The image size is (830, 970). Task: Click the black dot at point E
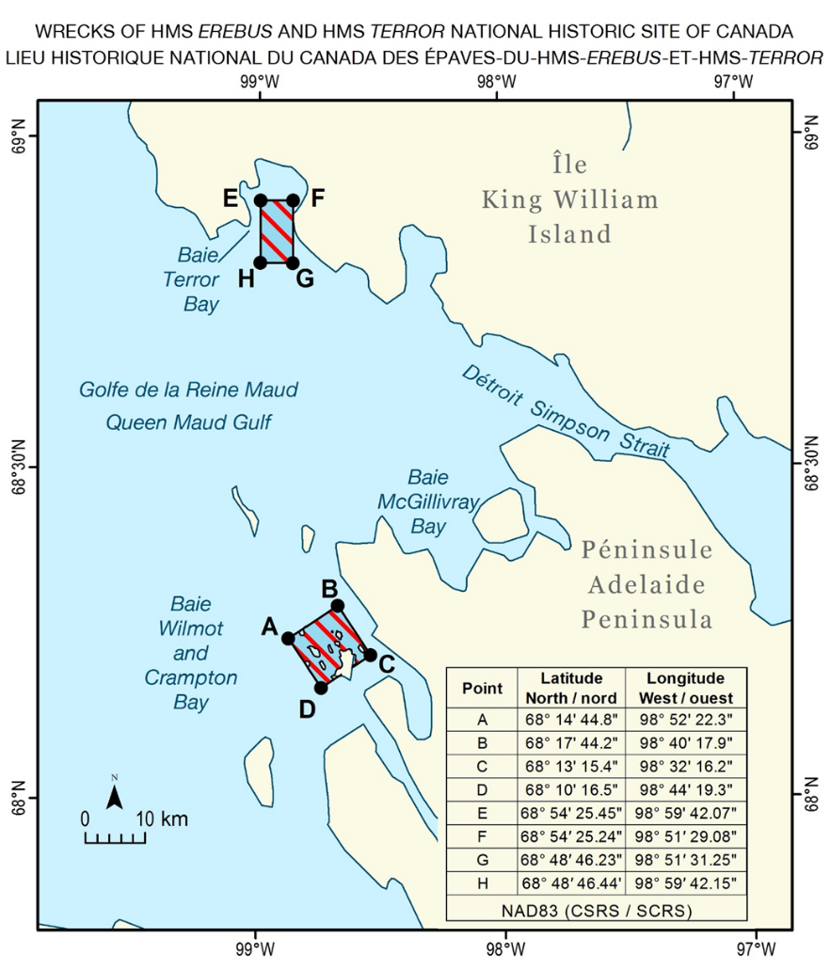click(261, 200)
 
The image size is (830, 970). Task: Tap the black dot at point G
click(293, 262)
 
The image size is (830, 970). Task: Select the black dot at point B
click(337, 605)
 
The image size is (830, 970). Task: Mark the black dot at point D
click(321, 688)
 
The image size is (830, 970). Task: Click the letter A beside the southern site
click(268, 627)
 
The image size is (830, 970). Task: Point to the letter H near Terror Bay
click(246, 278)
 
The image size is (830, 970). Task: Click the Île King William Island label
click(570, 199)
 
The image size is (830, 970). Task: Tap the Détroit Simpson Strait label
click(566, 411)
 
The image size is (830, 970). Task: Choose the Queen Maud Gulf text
click(187, 422)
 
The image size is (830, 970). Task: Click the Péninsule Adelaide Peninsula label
click(646, 584)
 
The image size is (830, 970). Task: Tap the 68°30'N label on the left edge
click(18, 468)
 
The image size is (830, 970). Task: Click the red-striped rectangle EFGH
click(277, 231)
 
